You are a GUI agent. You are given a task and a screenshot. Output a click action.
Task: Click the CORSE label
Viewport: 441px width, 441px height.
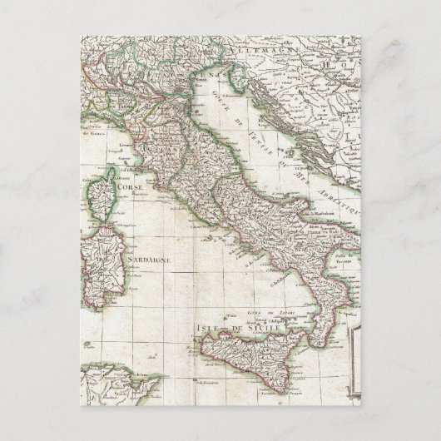click(x=134, y=188)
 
